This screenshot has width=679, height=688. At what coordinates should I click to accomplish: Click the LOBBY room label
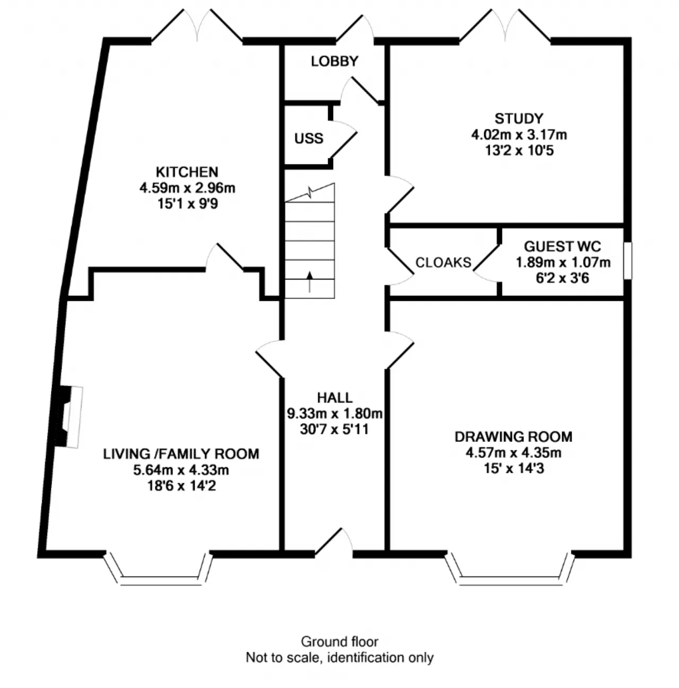click(x=334, y=62)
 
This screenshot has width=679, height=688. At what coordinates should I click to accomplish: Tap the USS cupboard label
click(x=309, y=138)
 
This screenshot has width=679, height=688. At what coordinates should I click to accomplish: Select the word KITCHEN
click(x=187, y=172)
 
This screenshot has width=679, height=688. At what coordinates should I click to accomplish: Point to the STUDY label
click(x=519, y=118)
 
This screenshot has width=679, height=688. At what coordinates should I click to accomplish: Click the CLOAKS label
click(x=443, y=263)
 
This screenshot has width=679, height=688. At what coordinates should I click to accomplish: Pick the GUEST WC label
click(x=562, y=246)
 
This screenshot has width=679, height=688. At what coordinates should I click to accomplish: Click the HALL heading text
click(x=335, y=398)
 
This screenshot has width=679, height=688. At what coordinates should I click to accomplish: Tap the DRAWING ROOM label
click(x=513, y=437)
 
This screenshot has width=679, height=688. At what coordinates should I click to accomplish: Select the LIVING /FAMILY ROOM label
click(x=181, y=454)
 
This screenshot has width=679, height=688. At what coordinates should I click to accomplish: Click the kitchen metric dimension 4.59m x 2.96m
click(x=187, y=188)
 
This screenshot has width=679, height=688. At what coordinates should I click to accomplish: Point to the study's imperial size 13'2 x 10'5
click(x=519, y=151)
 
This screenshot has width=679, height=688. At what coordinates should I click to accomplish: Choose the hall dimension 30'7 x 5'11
click(x=334, y=429)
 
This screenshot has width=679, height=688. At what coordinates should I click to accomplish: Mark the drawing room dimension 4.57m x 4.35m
click(x=513, y=452)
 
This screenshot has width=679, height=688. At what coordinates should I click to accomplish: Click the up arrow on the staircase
click(x=310, y=282)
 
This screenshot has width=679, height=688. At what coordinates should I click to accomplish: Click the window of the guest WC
click(x=628, y=261)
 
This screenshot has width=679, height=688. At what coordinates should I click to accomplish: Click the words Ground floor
click(x=339, y=642)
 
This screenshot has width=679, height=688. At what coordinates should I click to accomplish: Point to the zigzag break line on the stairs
click(x=310, y=193)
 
